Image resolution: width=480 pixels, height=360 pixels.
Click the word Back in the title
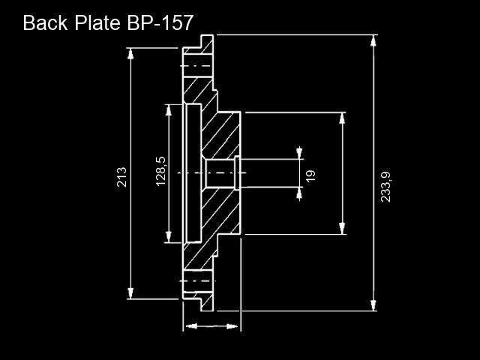(x=45, y=22)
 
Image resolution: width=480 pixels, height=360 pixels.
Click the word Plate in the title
(x=97, y=22)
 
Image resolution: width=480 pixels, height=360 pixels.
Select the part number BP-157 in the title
(x=160, y=22)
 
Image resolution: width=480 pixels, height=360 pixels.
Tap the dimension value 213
(x=121, y=177)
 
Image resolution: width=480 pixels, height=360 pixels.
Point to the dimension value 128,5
(x=160, y=172)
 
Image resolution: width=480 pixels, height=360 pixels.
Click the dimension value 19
(x=310, y=175)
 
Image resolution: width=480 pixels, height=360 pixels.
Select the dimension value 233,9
(x=385, y=187)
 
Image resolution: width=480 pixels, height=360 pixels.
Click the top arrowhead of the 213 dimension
(x=130, y=53)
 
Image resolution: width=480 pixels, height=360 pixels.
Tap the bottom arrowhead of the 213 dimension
(x=130, y=293)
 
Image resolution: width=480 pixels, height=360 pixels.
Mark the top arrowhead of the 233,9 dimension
(x=373, y=40)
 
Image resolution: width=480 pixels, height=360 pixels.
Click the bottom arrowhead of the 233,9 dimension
(x=373, y=305)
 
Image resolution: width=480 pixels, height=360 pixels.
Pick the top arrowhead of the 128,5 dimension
(x=169, y=110)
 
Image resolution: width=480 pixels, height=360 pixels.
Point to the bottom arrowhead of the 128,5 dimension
(x=169, y=237)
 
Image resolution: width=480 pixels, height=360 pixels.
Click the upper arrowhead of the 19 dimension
(x=299, y=153)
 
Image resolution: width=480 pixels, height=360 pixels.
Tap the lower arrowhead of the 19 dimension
(x=299, y=193)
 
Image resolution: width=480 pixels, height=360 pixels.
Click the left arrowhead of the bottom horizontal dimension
(x=191, y=326)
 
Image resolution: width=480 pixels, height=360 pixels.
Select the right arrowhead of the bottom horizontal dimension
(x=232, y=326)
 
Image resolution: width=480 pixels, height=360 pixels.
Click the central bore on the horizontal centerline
(x=220, y=173)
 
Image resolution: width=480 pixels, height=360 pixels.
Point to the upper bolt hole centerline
(x=196, y=66)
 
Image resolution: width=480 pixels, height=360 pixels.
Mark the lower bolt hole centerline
(x=197, y=280)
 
